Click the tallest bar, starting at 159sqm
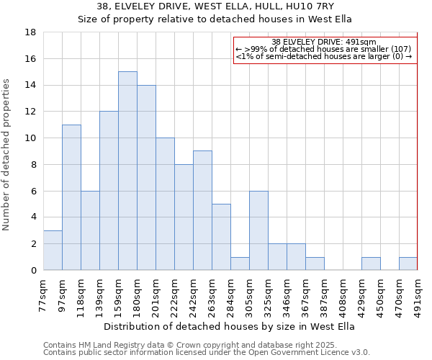pyautogui.click(x=127, y=171)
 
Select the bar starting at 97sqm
pyautogui.click(x=71, y=197)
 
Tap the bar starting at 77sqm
pyautogui.click(x=53, y=250)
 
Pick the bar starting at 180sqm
pyautogui.click(x=146, y=177)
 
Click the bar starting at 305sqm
pyautogui.click(x=258, y=230)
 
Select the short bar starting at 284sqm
pyautogui.click(x=240, y=264)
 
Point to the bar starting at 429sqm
pyautogui.click(x=371, y=264)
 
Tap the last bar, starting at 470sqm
pyautogui.click(x=408, y=264)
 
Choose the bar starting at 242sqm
pyautogui.click(x=202, y=210)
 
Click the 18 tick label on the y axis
pyautogui.click(x=30, y=32)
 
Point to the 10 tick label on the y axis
pyautogui.click(x=30, y=138)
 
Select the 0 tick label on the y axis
pyautogui.click(x=33, y=271)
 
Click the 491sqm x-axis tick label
pyautogui.click(x=418, y=295)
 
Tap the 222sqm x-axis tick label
pyautogui.click(x=174, y=295)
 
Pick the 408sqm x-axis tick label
pyautogui.click(x=343, y=295)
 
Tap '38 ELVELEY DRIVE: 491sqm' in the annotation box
pyautogui.click(x=324, y=42)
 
